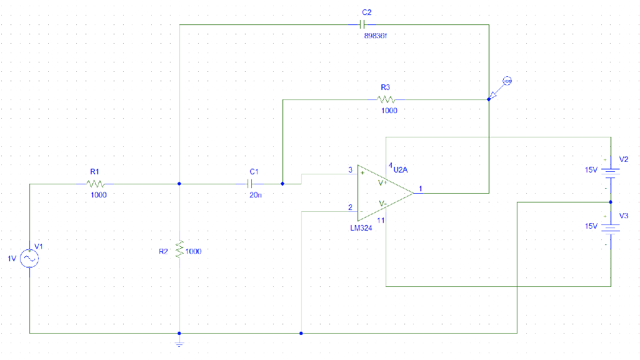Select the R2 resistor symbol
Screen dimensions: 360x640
(x=179, y=249)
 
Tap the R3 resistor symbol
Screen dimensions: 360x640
(x=387, y=99)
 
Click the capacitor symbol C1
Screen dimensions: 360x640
(x=251, y=184)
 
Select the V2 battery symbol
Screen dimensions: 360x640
(x=611, y=171)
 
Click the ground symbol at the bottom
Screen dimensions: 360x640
(x=179, y=343)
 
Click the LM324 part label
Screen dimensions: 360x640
(x=361, y=228)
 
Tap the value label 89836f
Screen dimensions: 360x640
(x=376, y=36)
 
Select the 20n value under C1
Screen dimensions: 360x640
(x=256, y=195)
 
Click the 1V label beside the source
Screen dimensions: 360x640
(x=12, y=258)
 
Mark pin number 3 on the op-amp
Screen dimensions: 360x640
(x=350, y=170)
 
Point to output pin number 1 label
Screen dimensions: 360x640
(x=421, y=188)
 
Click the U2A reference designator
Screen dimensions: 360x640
(x=401, y=169)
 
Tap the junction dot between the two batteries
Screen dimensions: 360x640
(x=611, y=202)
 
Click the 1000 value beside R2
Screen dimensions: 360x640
(x=194, y=251)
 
